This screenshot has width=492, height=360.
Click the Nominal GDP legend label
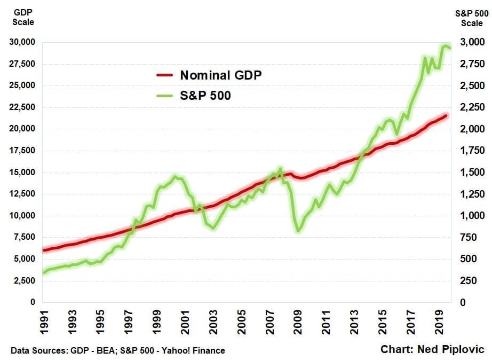pyautogui.click(x=221, y=75)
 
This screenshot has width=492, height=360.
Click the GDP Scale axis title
pyautogui.click(x=23, y=18)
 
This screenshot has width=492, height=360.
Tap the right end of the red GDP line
pyautogui.click(x=446, y=115)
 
